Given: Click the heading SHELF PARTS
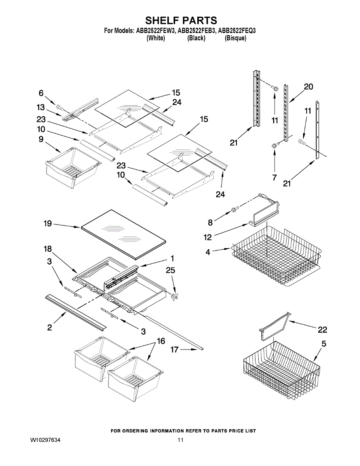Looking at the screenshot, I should pos(181,20).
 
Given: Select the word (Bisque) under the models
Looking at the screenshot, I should pos(235,38).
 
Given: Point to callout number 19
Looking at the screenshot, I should pos(47,223).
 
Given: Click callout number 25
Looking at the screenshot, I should pos(170,270).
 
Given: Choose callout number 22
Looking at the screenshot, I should pos(322,330).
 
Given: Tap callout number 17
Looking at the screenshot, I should pos(175,350).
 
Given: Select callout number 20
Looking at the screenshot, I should pos(308,87).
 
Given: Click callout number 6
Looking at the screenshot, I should pos(41,93).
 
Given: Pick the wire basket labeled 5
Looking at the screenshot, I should pos(282,371).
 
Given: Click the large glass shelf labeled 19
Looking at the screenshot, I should pos(122,233).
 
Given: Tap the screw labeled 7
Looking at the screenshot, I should pos(275,145).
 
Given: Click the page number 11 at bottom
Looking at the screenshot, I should pos(180,440).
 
